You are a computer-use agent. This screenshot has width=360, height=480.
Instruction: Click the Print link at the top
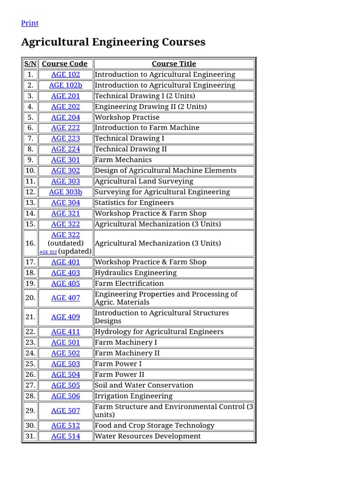tap(30, 23)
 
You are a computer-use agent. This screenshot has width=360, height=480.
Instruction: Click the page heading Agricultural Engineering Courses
tap(113, 42)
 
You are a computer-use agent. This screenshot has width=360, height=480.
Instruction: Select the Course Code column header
tap(65, 64)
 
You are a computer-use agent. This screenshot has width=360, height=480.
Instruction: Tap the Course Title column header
tap(174, 64)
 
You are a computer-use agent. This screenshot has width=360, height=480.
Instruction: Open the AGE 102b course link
tap(66, 85)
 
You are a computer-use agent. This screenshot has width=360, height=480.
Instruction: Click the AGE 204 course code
tap(66, 117)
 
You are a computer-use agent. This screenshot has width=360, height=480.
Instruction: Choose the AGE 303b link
tap(66, 192)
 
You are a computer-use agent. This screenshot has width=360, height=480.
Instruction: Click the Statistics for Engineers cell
tap(134, 202)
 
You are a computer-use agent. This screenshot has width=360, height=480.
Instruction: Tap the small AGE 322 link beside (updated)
tap(48, 252)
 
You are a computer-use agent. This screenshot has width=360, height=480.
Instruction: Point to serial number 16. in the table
tap(30, 243)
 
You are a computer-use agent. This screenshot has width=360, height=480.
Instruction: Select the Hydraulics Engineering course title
tap(135, 273)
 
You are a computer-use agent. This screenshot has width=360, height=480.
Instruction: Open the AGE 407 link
tap(66, 298)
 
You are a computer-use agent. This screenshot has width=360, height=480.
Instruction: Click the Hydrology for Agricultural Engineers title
tap(159, 332)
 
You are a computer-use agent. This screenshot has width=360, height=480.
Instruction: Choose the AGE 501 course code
tap(66, 343)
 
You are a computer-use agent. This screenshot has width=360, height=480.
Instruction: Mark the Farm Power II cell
tap(120, 375)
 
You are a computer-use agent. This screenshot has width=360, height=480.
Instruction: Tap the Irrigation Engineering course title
tap(134, 396)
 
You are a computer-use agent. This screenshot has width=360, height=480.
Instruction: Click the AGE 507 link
tap(66, 411)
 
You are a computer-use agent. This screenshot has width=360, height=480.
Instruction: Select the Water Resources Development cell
tap(148, 436)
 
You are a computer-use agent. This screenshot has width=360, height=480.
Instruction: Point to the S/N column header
tap(30, 64)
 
